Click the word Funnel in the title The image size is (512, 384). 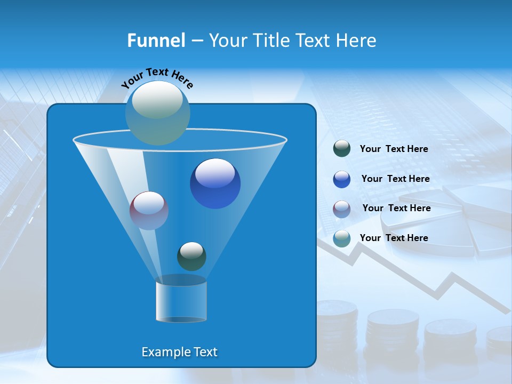click(x=156, y=41)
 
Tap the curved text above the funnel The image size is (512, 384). click(x=157, y=78)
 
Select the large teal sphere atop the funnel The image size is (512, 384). click(x=158, y=113)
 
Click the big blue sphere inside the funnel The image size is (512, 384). click(x=215, y=184)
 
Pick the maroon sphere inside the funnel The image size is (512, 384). click(x=149, y=211)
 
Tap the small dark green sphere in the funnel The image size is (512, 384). click(x=191, y=256)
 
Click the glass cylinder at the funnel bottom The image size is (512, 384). click(x=181, y=301)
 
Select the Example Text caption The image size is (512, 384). click(x=179, y=352)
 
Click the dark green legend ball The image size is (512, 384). click(x=342, y=149)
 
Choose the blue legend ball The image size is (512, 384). click(x=342, y=179)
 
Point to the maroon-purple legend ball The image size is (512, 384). click(x=342, y=209)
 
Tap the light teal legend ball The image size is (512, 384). click(x=342, y=238)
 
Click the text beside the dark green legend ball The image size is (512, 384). click(x=394, y=149)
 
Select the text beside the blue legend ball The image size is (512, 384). click(x=395, y=179)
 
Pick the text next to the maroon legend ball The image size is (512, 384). click(x=396, y=209)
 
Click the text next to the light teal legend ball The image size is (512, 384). click(x=394, y=238)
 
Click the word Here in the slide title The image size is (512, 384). click(x=356, y=41)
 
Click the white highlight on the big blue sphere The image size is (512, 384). click(x=215, y=173)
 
